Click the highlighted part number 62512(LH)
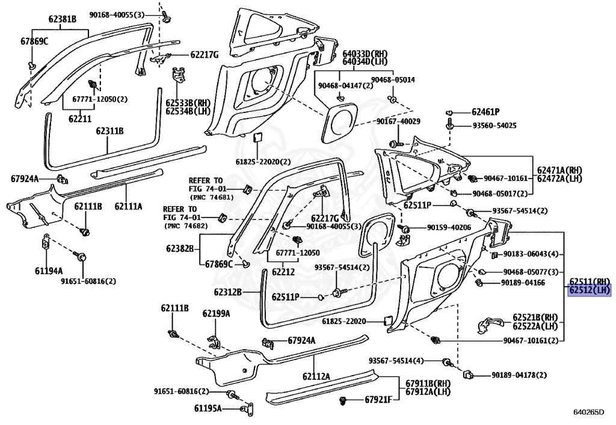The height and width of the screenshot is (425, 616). point(590,290)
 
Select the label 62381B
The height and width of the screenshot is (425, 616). point(63,19)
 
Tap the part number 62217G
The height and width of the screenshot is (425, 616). point(204,55)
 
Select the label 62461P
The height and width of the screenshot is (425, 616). point(485,112)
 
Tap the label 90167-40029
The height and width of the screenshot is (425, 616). point(398,122)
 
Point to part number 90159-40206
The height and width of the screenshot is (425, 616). point(449,228)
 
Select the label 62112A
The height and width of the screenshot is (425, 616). point(316,376)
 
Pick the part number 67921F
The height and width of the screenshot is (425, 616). point(378,400)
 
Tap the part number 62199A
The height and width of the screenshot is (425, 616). point(216,313)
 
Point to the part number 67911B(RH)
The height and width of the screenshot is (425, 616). point(428,384)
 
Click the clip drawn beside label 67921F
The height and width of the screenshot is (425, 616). point(344,399)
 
